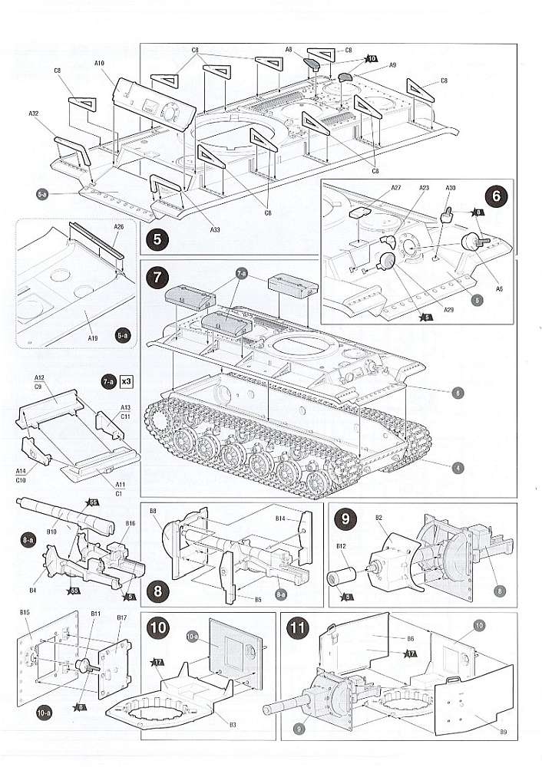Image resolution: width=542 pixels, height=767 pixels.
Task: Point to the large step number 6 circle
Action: click(496, 196)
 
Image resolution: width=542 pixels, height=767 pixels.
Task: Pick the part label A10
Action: click(100, 63)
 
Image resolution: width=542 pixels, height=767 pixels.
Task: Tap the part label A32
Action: click(34, 114)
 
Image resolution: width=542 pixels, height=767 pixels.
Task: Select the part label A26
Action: click(117, 227)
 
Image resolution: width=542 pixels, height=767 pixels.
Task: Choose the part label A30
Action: click(451, 188)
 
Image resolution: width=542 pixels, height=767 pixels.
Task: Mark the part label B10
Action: click(51, 531)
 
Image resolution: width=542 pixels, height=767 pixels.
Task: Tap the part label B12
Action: click(340, 547)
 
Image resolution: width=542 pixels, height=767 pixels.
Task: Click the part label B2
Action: click(379, 518)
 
